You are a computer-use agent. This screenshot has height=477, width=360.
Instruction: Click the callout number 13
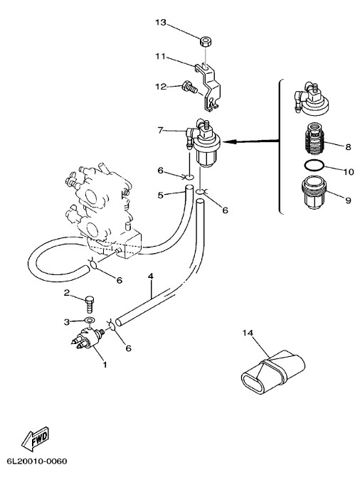tap(161, 23)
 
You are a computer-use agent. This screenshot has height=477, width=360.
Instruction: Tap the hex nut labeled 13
tap(206, 42)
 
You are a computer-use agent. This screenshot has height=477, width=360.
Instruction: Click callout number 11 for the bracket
tap(160, 57)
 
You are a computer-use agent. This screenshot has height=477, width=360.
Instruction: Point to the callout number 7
tap(161, 130)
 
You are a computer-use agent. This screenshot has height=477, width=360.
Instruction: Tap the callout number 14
tap(248, 333)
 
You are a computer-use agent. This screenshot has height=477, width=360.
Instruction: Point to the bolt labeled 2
tap(89, 304)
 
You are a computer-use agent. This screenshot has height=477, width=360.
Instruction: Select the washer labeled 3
tap(90, 320)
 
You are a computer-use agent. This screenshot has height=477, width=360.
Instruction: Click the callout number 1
tap(105, 364)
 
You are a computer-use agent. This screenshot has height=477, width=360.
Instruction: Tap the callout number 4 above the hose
tap(150, 277)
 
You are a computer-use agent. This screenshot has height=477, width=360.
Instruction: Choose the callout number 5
tap(161, 195)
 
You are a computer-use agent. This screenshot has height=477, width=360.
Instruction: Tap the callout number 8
tap(348, 147)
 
